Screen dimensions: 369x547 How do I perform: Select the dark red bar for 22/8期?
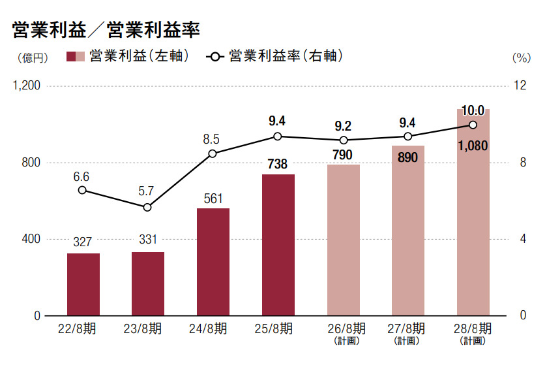tap(83, 284)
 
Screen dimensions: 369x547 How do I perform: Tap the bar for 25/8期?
tap(278, 245)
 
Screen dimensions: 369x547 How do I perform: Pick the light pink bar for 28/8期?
tap(473, 212)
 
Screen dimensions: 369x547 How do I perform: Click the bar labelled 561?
tap(213, 261)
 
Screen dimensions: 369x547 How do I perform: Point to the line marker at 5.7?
tap(147, 207)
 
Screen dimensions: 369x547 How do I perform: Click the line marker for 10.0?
tap(473, 125)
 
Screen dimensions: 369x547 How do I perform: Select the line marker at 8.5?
tap(213, 153)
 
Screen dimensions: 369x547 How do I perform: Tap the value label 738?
tap(278, 164)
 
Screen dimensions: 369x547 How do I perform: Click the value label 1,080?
tap(473, 146)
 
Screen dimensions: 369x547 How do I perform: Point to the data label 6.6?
tap(81, 176)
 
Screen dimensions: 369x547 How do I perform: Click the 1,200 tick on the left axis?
tap(27, 86)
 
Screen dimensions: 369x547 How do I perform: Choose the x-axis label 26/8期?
tap(343, 329)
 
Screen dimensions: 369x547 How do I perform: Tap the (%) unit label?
tap(522, 57)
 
